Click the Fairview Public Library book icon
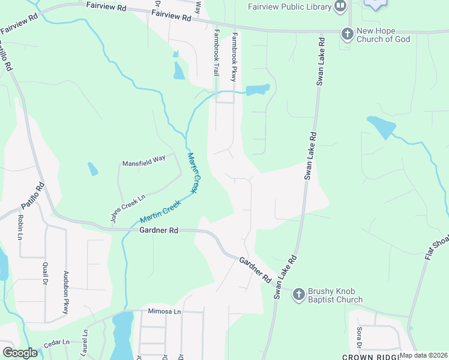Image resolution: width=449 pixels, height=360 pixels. tap(341, 7)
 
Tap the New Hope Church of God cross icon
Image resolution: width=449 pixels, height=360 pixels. tap(347, 34)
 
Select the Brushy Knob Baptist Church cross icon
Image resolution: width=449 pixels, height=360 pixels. tap(299, 294)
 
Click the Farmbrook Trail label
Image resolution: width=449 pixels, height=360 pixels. tap(215, 53)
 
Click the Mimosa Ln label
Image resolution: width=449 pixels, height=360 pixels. tap(164, 312)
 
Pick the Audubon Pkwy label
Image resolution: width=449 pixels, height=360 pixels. tap(66, 293)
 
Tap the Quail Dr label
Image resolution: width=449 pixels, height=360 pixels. tap(45, 275)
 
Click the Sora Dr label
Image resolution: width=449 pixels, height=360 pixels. tap(358, 338)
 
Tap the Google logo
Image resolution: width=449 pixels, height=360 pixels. tap(19, 353)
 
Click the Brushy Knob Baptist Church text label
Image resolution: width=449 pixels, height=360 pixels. tap(335, 295)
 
